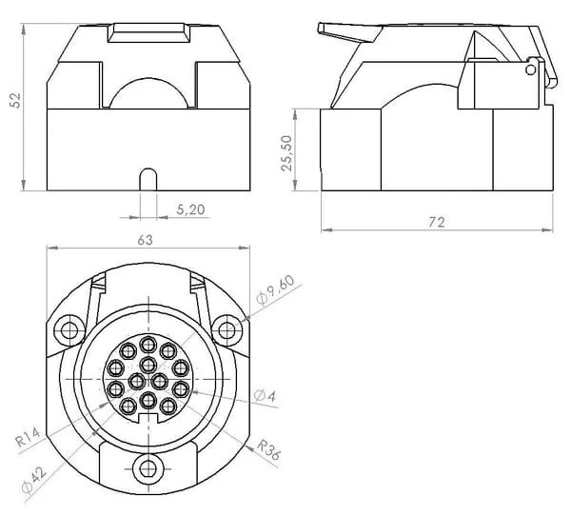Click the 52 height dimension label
(15, 100)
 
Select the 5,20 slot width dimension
(190, 209)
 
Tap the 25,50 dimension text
(287, 153)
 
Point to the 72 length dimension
(436, 222)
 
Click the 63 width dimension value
(145, 240)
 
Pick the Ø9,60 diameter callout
(275, 289)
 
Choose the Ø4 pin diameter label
(266, 396)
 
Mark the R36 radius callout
(268, 449)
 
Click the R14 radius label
(28, 438)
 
